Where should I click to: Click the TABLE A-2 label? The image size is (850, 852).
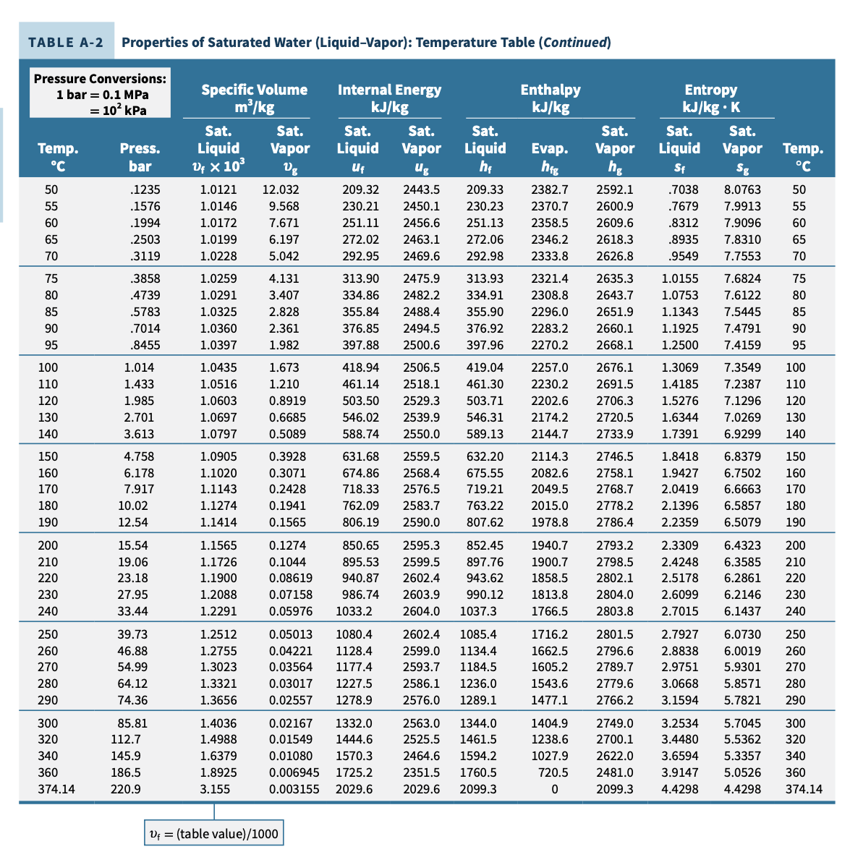coord(66,42)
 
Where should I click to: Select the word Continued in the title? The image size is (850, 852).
coord(576,42)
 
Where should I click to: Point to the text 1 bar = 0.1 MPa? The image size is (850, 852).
coord(102,95)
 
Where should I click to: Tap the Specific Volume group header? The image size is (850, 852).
coord(254,90)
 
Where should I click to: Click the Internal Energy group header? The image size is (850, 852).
coord(389,90)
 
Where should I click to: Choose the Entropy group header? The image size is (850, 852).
coord(710,90)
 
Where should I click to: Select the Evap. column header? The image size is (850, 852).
coord(549,148)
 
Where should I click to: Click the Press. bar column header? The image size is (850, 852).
coord(140,157)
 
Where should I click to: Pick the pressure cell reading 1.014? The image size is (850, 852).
coord(139,367)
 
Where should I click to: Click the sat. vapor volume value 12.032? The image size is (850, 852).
coord(280,189)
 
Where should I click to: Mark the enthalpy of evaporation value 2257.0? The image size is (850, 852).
coord(549,367)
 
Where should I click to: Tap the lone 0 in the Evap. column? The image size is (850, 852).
coord(554,789)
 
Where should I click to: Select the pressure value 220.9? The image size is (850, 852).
coord(126,789)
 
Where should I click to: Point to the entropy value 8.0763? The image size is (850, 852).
coord(742,189)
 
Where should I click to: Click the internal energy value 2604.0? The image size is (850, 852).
coord(421,611)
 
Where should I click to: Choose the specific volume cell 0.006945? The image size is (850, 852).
coord(294,772)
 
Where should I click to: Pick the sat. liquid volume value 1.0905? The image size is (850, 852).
coord(218,456)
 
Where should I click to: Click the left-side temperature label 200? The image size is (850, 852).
coord(48,545)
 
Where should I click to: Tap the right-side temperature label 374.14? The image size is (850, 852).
coord(804,789)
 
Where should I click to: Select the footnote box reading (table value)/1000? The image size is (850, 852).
coord(213,834)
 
